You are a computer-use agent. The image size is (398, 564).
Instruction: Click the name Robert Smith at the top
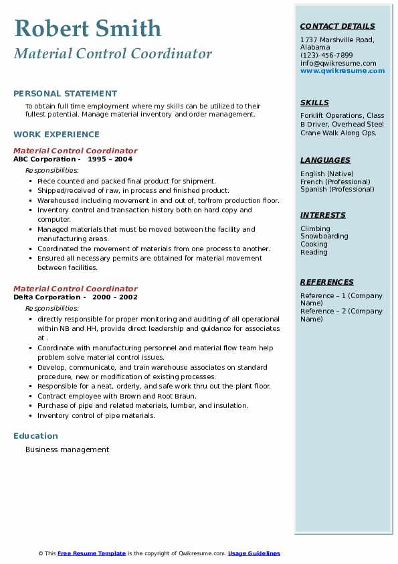(x=88, y=28)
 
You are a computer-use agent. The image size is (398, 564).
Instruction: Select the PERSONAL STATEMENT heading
(x=65, y=94)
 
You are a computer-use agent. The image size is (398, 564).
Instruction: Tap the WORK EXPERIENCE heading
(x=56, y=135)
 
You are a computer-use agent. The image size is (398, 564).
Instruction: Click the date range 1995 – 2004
(x=110, y=159)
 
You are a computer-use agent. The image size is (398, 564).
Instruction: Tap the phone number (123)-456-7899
(x=326, y=55)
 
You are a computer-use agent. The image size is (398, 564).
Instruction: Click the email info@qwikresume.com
(x=338, y=63)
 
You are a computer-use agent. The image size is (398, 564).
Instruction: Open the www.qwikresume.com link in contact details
(x=342, y=71)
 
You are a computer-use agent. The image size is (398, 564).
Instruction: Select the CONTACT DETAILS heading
(x=338, y=27)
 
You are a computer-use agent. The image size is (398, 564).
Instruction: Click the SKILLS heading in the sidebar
(x=314, y=103)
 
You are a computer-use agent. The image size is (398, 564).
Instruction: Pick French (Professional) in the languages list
(x=335, y=182)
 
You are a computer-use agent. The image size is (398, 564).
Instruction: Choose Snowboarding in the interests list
(x=324, y=236)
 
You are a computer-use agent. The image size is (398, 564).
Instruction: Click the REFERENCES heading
(x=327, y=283)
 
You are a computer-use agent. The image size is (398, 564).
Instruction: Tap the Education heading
(x=35, y=436)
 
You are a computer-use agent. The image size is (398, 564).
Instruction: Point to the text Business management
(x=67, y=450)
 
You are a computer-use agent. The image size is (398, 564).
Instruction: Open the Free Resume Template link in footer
(x=92, y=554)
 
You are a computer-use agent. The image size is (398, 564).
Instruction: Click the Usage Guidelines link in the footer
(x=254, y=554)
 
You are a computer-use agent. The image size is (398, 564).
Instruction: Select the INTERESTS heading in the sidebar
(x=323, y=216)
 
